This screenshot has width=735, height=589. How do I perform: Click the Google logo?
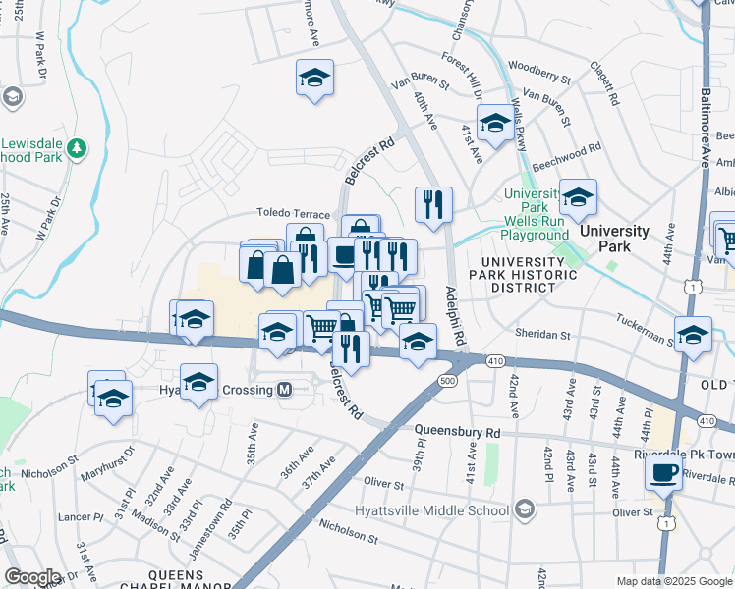point(31,577)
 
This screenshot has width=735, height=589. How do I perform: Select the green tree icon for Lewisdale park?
point(78,149)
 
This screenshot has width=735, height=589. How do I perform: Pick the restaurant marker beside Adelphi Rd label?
point(433,205)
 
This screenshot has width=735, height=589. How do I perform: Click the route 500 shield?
point(448,381)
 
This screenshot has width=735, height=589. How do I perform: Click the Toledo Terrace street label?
point(293,213)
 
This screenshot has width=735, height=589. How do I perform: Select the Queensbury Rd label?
point(457,431)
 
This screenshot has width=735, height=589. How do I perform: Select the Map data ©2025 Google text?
point(673,581)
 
